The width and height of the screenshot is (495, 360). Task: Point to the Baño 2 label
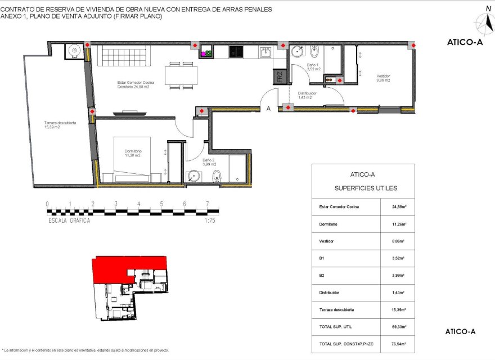(x=209, y=162)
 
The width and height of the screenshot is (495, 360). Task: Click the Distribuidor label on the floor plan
(x=308, y=96)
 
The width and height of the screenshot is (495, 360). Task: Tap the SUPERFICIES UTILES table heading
(x=366, y=188)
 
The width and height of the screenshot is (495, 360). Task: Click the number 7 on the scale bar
(x=208, y=204)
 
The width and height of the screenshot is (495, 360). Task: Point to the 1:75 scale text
(x=210, y=221)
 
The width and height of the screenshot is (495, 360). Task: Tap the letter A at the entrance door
(x=269, y=109)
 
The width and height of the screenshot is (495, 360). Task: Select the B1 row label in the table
(x=322, y=258)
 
